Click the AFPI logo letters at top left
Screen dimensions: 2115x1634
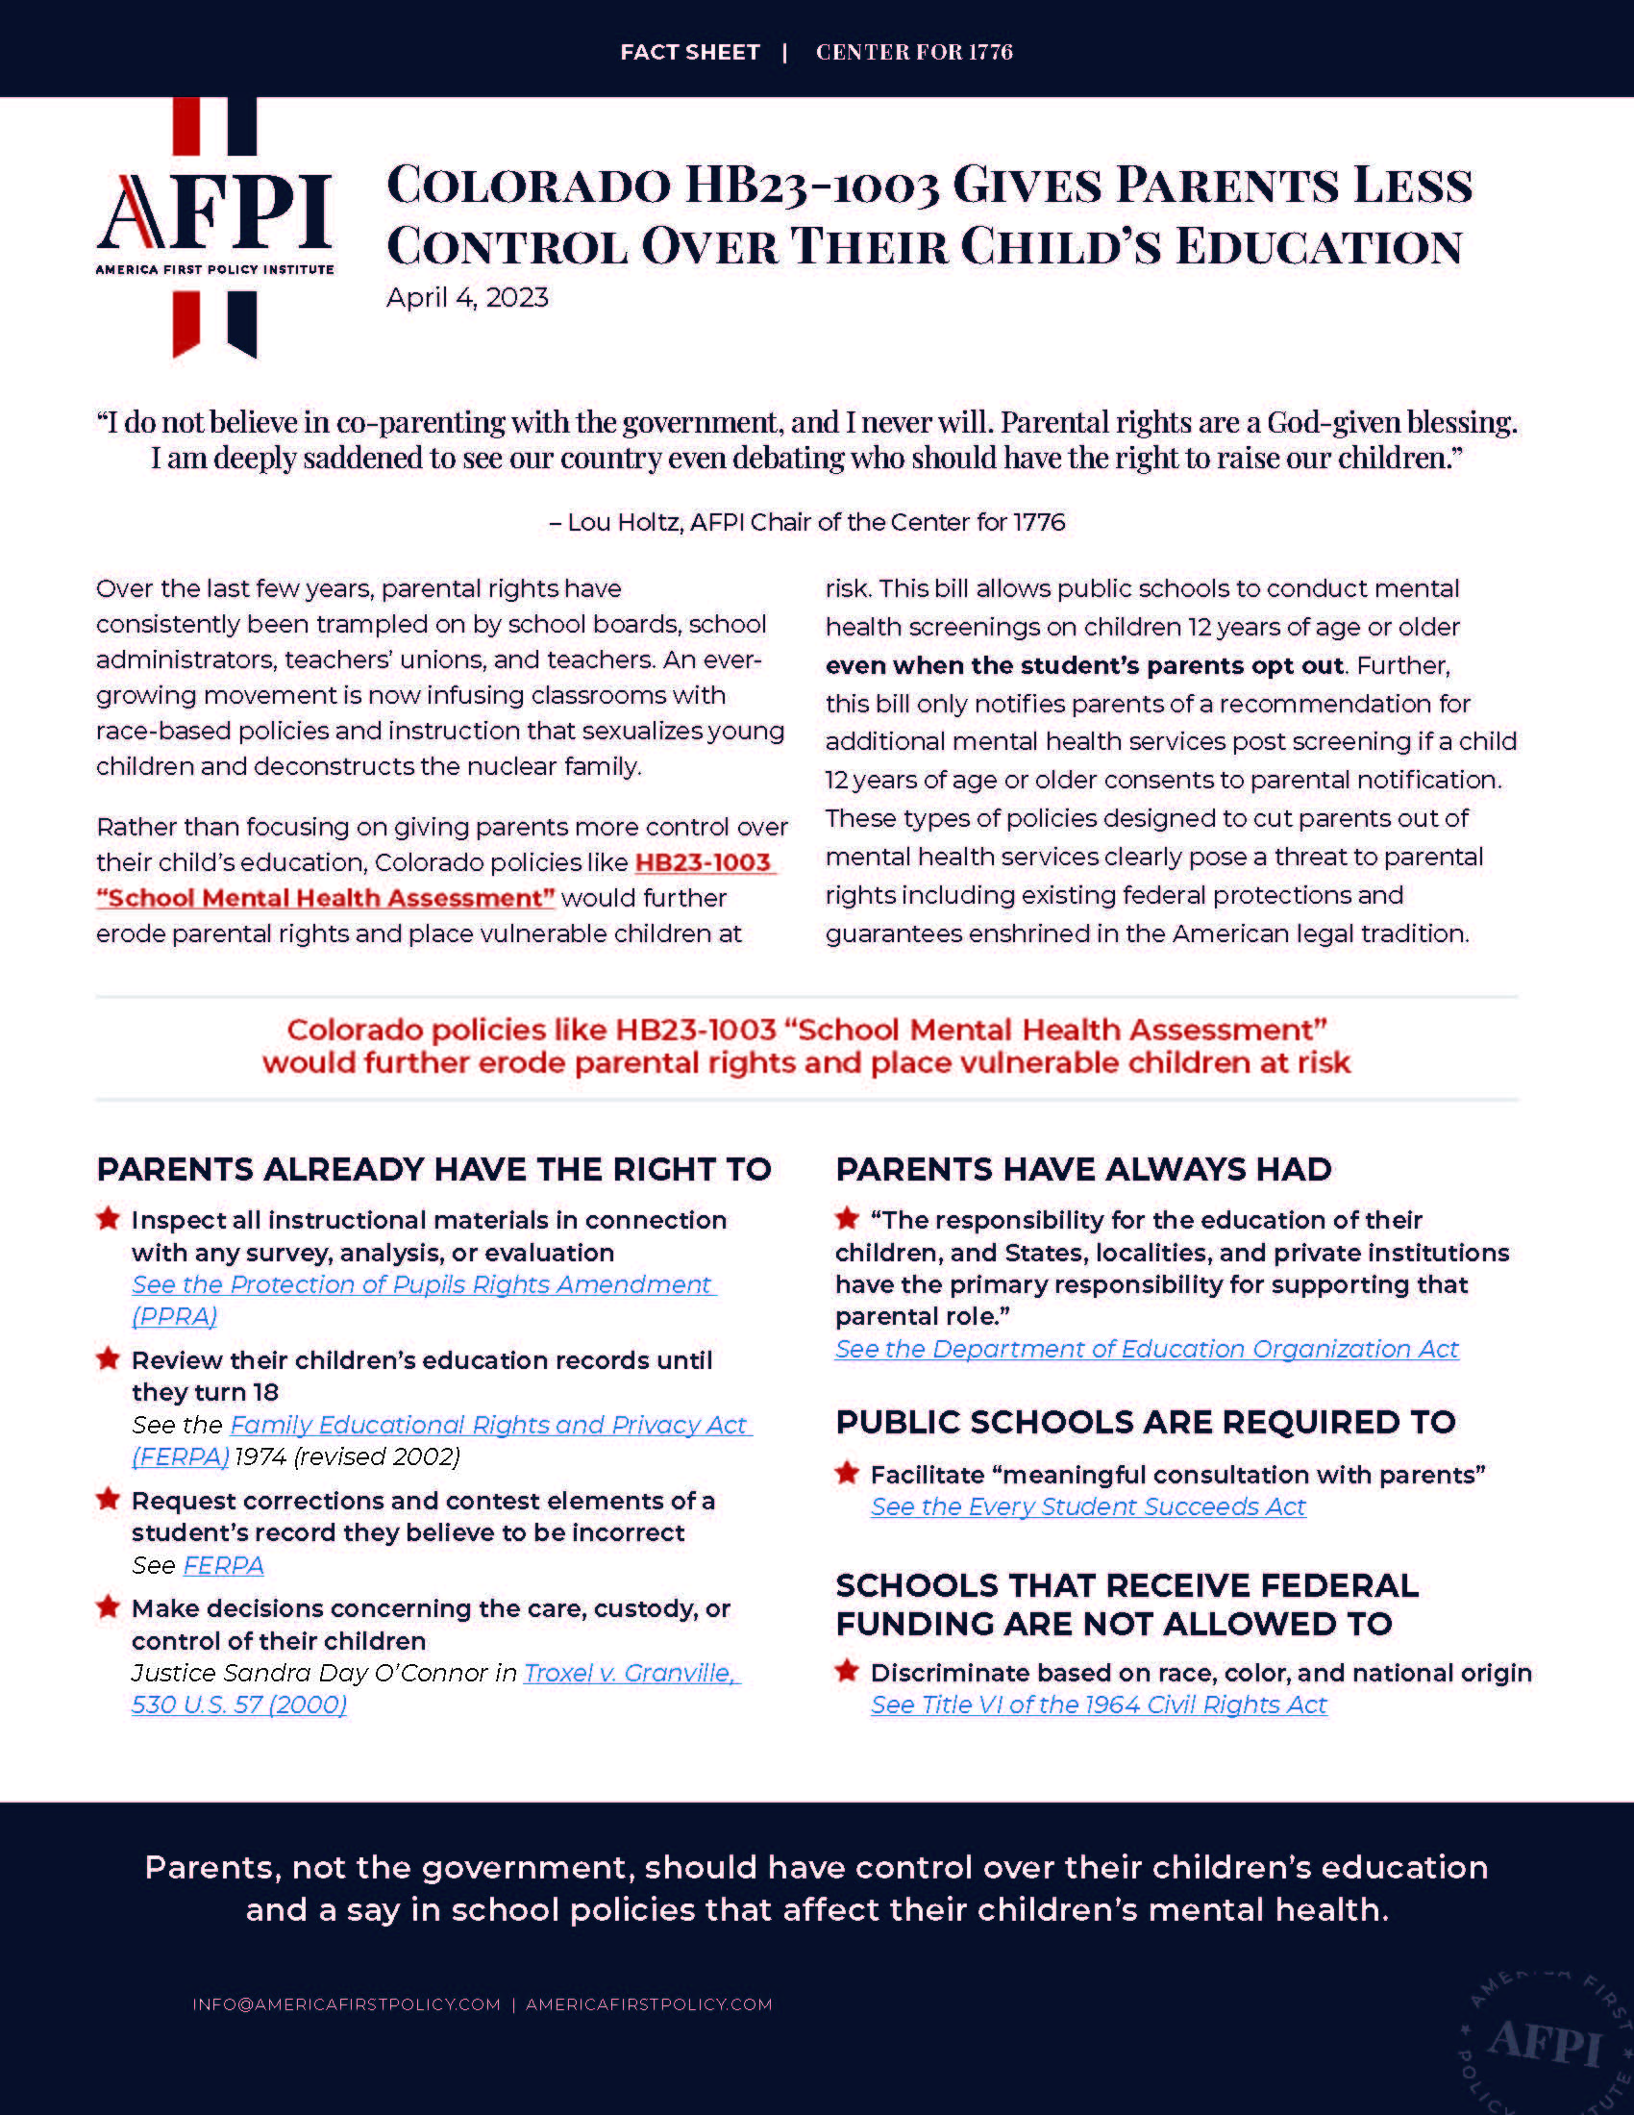pos(215,212)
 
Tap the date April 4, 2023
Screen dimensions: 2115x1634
pos(466,297)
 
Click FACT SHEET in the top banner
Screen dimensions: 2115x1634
pos(689,52)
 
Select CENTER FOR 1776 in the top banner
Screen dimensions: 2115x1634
pos(914,52)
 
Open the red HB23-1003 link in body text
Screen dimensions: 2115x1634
pos(703,863)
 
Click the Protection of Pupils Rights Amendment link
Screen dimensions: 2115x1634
pos(422,1285)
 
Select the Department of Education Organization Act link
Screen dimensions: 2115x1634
pos(1146,1350)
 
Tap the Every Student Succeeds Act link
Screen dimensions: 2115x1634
pos(1088,1507)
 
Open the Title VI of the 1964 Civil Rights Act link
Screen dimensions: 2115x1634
pos(1099,1705)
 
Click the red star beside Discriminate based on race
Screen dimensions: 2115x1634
pos(847,1671)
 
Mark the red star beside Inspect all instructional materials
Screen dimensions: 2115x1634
pos(109,1218)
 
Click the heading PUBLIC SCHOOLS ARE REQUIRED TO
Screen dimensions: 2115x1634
pos(1145,1423)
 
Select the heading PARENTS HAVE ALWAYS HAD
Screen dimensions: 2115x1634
pos(1083,1170)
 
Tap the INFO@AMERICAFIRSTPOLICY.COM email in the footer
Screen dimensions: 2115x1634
pos(347,2004)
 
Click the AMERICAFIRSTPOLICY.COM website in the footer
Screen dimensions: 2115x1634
pos(649,2004)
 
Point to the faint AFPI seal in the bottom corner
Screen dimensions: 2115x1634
pos(1545,2043)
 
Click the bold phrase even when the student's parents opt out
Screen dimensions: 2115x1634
pos(1084,666)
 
